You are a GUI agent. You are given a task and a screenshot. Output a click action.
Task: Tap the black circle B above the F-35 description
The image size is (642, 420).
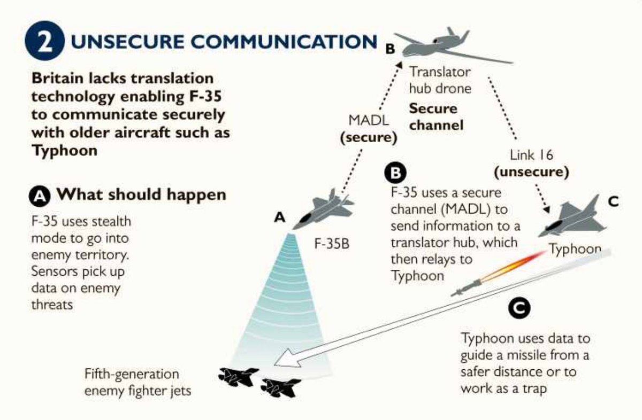(x=395, y=173)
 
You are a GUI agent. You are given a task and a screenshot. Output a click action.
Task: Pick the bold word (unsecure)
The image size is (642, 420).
(x=531, y=172)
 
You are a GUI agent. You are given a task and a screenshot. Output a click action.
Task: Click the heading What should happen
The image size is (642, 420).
(x=141, y=195)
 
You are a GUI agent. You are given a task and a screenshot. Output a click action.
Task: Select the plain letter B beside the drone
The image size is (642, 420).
(x=390, y=49)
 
